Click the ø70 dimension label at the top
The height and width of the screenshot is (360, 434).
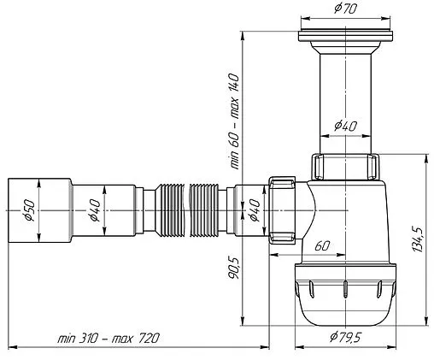(345, 9)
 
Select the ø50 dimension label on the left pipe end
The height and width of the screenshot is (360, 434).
(30, 210)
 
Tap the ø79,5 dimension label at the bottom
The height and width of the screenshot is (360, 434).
(345, 337)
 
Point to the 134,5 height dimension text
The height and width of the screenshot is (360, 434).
(418, 239)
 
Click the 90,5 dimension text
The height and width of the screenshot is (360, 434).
(234, 268)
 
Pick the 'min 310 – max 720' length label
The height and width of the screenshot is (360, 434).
(108, 339)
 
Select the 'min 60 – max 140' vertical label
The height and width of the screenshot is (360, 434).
(234, 121)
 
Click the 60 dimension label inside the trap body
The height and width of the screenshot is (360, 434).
(322, 245)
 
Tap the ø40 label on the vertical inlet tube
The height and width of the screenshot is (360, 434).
(345, 126)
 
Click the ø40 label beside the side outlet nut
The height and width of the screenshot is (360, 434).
(255, 210)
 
